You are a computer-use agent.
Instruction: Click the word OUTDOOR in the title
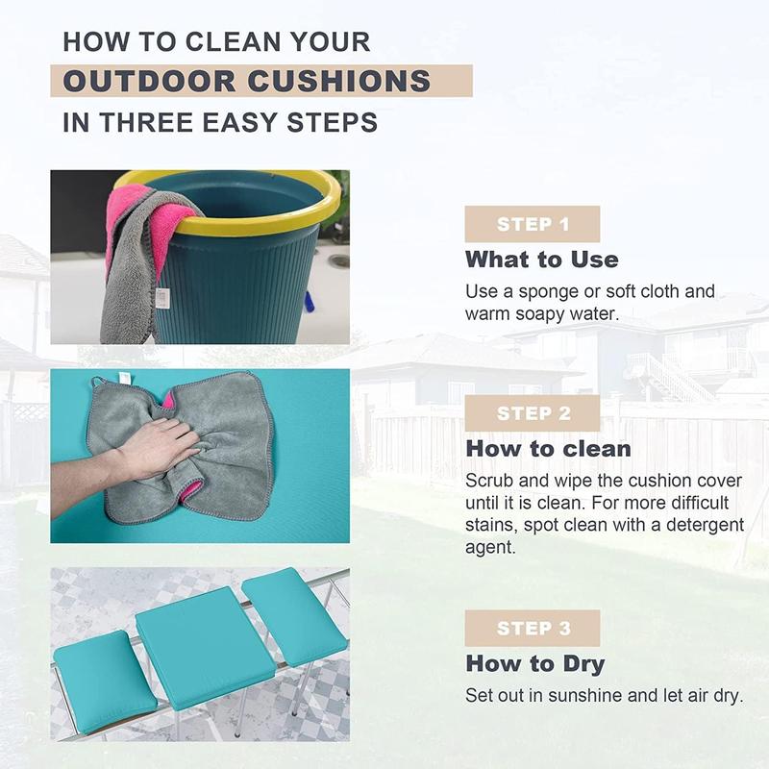pos(149,81)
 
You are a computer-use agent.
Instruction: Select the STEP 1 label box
pos(533,224)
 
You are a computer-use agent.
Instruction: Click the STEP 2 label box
pos(533,413)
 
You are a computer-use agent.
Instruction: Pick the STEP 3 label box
pos(533,629)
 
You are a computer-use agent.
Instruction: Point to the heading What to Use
pos(542,260)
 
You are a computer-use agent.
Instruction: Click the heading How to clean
pos(548,449)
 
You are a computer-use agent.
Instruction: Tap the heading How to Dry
pos(535,664)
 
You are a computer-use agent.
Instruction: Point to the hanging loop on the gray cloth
pos(99,382)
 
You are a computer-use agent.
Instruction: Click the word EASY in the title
pos(239,122)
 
